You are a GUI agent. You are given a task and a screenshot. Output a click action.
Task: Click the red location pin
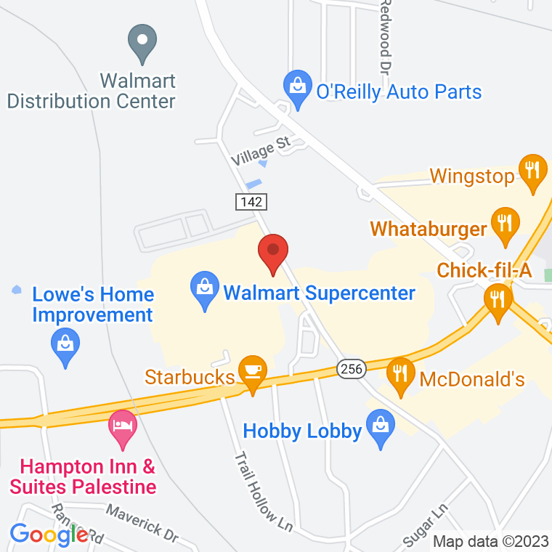point(274,253)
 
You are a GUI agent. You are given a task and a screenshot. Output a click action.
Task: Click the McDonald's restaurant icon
point(399,375)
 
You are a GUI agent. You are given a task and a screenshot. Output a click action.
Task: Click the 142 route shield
point(250,201)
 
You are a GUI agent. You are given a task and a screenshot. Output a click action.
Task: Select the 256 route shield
point(349,370)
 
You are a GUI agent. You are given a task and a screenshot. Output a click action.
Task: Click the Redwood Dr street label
point(384,36)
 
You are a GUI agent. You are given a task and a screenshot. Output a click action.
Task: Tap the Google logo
point(49,535)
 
